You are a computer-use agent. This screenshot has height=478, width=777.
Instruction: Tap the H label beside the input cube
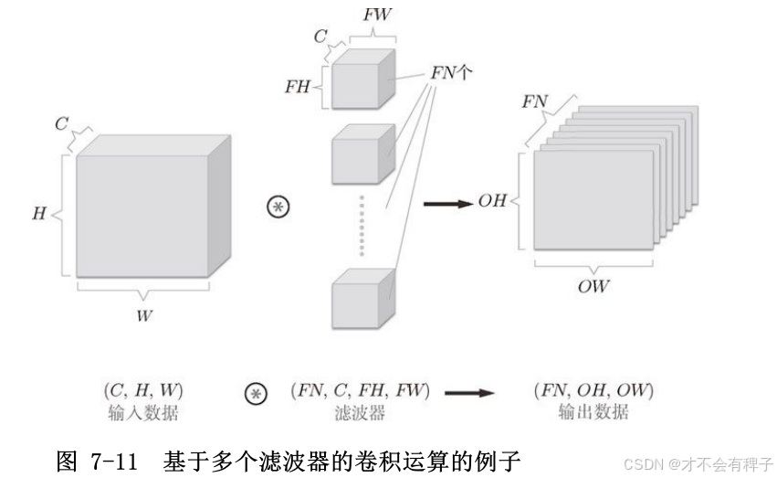click(x=38, y=215)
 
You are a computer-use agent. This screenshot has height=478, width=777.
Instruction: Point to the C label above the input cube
click(x=61, y=122)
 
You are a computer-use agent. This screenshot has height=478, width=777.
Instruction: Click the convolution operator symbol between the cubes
click(x=276, y=207)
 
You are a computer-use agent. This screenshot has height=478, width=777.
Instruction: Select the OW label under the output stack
click(x=593, y=287)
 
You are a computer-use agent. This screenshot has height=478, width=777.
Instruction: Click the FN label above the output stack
click(x=534, y=101)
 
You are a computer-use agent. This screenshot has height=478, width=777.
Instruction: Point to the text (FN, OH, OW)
click(x=593, y=391)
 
